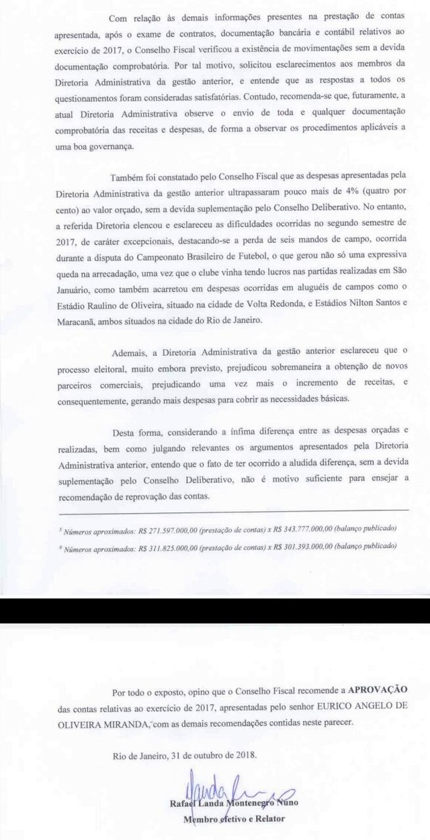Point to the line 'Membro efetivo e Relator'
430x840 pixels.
click(234, 819)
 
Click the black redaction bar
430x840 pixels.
click(215, 610)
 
